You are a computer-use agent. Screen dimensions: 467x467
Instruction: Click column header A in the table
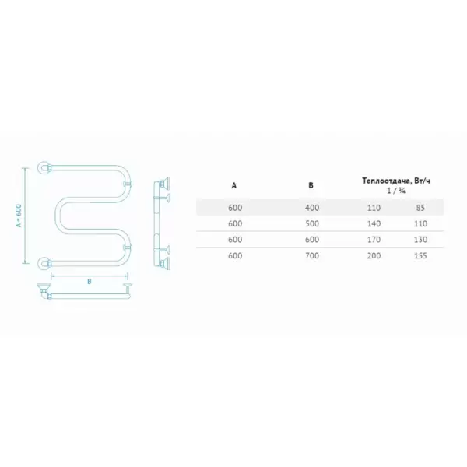pyautogui.click(x=233, y=185)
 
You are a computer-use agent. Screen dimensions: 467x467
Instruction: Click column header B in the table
pyautogui.click(x=311, y=185)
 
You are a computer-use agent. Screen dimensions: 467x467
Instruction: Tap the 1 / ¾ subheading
pyautogui.click(x=396, y=191)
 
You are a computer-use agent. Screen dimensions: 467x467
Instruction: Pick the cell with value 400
pyautogui.click(x=312, y=208)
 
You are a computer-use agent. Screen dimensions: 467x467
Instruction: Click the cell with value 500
pyautogui.click(x=312, y=223)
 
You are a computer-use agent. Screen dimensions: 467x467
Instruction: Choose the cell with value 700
pyautogui.click(x=312, y=255)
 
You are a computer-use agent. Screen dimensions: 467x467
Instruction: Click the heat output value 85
pyautogui.click(x=420, y=208)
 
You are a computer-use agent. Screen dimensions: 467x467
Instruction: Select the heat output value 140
pyautogui.click(x=374, y=223)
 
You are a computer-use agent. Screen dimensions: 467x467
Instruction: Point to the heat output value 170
pyautogui.click(x=374, y=240)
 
